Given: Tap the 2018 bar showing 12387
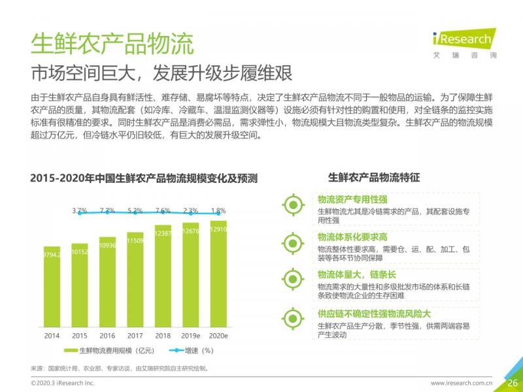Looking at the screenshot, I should tap(163, 276).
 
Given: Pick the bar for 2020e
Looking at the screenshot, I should tap(218, 273).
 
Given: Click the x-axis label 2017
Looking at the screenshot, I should tap(135, 335).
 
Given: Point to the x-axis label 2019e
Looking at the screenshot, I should tap(191, 335).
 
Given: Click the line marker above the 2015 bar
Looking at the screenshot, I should tap(80, 213).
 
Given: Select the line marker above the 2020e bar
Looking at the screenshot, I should tap(218, 213).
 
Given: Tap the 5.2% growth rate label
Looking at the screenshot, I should tap(135, 210).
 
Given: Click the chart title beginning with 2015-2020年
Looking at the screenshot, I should tap(144, 178).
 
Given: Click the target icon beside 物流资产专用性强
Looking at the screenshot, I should tap(293, 205).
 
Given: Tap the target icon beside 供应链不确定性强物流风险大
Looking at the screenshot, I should tap(293, 318).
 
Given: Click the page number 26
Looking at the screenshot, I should tap(513, 382).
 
